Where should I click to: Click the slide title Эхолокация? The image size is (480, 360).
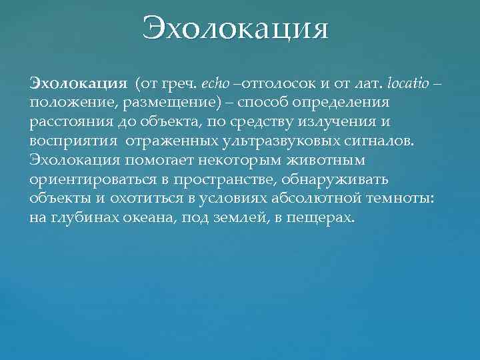[236, 30]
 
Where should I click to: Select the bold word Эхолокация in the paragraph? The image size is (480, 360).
[78, 84]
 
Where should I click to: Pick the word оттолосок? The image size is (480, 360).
[273, 84]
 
